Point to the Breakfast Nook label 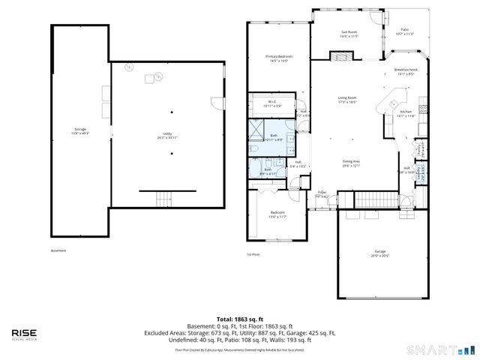click(406, 71)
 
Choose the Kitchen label click(406, 113)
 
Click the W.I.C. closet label click(271, 103)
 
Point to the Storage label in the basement click(79, 130)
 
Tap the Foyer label click(321, 193)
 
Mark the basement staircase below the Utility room click(163, 199)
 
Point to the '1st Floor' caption click(253, 254)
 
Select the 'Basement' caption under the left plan click(58, 250)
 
